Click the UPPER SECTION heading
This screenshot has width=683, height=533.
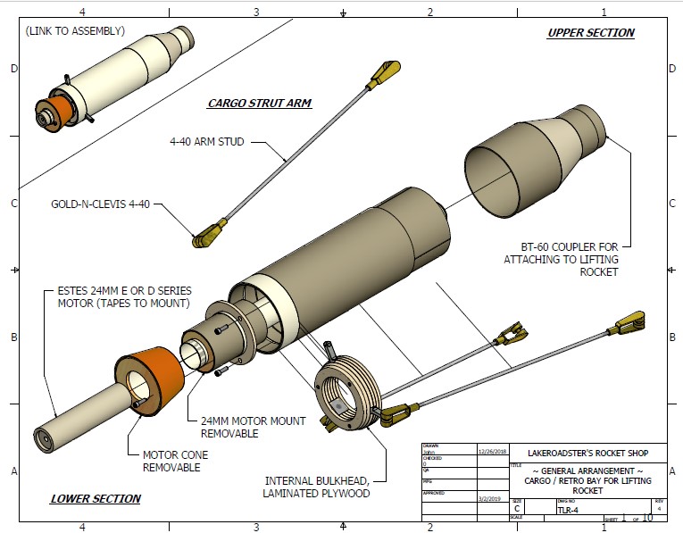590,33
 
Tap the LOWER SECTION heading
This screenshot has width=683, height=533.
96,498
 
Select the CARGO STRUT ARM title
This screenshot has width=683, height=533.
259,103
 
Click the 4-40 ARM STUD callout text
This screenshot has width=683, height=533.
206,141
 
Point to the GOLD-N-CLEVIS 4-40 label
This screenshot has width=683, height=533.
101,204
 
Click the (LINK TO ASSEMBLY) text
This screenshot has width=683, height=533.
76,30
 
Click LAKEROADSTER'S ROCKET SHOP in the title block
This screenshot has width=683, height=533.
584,452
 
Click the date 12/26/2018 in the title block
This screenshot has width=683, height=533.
493,451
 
